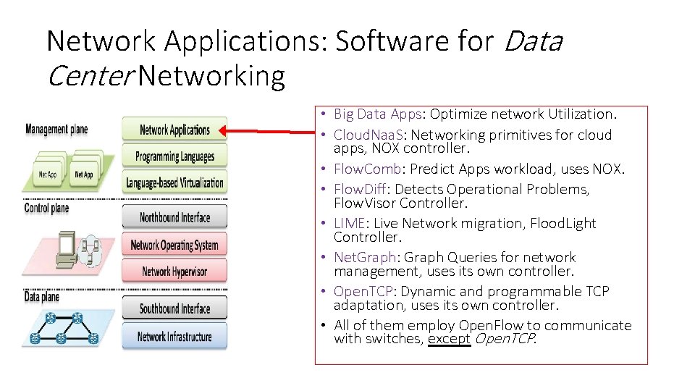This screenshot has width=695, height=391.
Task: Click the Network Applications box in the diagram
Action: click(x=174, y=130)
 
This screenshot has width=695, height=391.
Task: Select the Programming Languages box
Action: click(x=174, y=156)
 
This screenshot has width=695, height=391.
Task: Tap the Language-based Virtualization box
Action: click(x=174, y=182)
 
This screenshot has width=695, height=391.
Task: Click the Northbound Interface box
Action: click(x=174, y=217)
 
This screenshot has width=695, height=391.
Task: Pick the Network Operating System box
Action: click(x=174, y=245)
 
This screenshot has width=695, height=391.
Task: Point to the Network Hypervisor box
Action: click(x=174, y=272)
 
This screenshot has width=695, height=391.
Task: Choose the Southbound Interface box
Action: click(x=174, y=309)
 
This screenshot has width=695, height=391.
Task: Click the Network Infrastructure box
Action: click(x=174, y=336)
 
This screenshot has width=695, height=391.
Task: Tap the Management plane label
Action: click(x=56, y=130)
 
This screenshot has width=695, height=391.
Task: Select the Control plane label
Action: click(x=46, y=209)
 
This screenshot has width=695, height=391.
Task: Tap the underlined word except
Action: click(x=448, y=339)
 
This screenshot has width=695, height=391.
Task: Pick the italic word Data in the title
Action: click(x=531, y=42)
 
